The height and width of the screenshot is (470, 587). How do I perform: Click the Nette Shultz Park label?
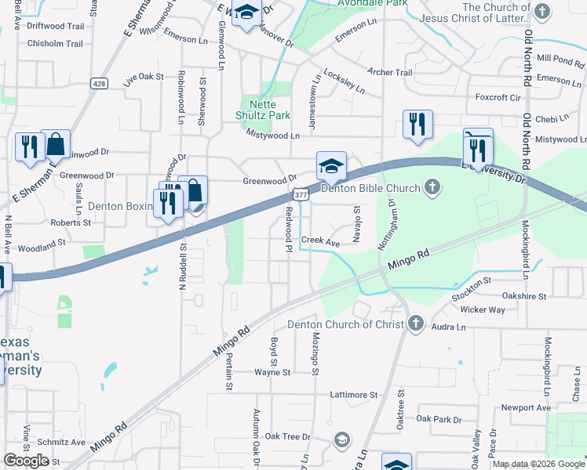pyautogui.click(x=269, y=110)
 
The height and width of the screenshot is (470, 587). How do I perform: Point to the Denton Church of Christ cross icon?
pyautogui.click(x=415, y=324)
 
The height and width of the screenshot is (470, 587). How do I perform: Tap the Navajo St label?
pyautogui.click(x=356, y=224)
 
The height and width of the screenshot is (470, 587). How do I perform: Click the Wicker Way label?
pyautogui.click(x=483, y=309)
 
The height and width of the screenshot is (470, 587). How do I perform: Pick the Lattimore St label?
pyautogui.click(x=356, y=394)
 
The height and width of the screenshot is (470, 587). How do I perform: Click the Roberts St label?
pyautogui.click(x=71, y=222)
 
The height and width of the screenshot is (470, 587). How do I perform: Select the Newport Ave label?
pyautogui.click(x=527, y=408)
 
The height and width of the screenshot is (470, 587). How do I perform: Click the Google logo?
pyautogui.click(x=26, y=461)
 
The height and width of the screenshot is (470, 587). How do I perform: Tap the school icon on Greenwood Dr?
pyautogui.click(x=331, y=165)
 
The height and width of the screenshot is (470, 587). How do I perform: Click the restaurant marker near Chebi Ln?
pyautogui.click(x=417, y=124)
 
